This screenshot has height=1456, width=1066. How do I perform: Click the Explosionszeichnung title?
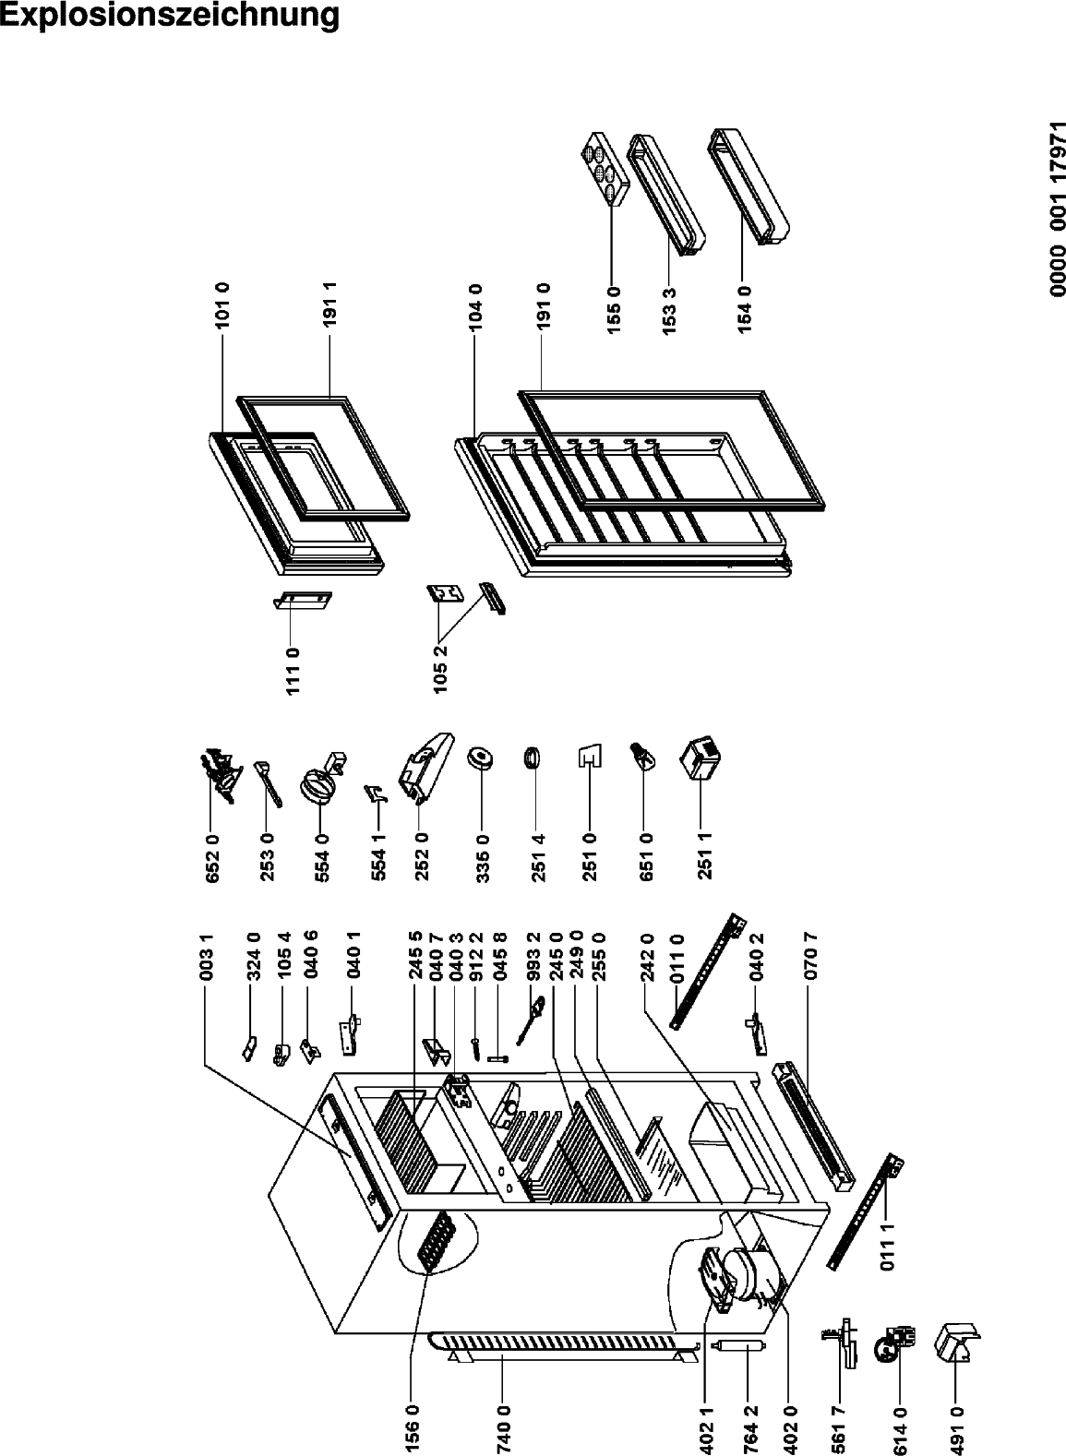[170, 17]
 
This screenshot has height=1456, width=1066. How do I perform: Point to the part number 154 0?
[745, 309]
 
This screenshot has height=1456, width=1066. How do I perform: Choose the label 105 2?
[440, 669]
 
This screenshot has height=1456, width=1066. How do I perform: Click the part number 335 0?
[483, 858]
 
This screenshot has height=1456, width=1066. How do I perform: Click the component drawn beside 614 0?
[899, 1338]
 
